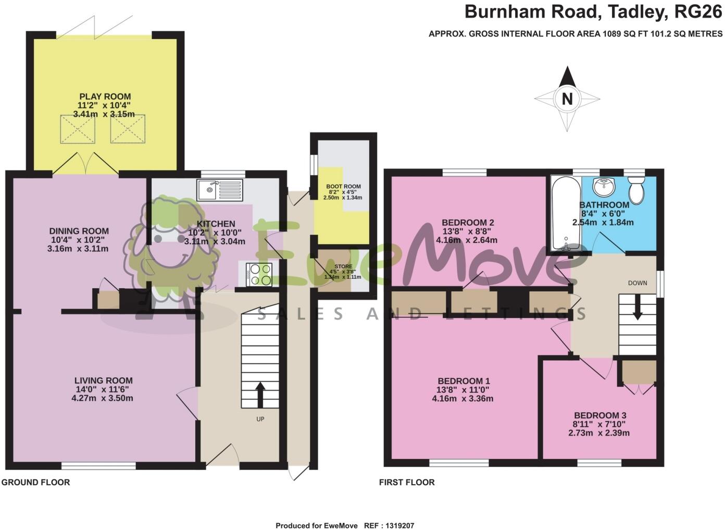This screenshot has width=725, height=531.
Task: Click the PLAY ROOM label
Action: pyautogui.click(x=105, y=96)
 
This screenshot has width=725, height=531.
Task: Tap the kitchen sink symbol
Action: pyautogui.click(x=220, y=190)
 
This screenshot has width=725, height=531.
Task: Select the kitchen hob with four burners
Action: pyautogui.click(x=259, y=275)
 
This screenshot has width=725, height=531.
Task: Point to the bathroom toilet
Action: pyautogui.click(x=636, y=190)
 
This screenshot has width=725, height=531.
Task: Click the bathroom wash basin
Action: pyautogui.click(x=604, y=186)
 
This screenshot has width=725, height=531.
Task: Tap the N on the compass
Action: pyautogui.click(x=567, y=99)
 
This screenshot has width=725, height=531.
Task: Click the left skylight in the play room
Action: pyautogui.click(x=78, y=129)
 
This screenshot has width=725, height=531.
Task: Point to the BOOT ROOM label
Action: pyautogui.click(x=343, y=186)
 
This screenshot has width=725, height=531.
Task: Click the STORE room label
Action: pyautogui.click(x=343, y=266)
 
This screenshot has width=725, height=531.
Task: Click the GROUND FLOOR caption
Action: pyautogui.click(x=35, y=483)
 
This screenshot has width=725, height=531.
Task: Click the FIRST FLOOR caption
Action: pyautogui.click(x=407, y=483)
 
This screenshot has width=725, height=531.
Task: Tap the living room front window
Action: pyautogui.click(x=98, y=465)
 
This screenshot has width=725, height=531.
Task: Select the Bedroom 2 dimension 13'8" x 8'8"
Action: pyautogui.click(x=466, y=231)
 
